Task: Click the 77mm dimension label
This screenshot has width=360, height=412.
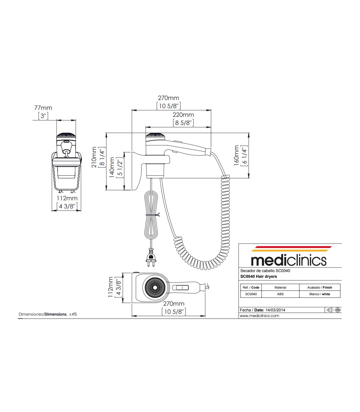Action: pyautogui.click(x=43, y=108)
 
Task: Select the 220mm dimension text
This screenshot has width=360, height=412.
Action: pyautogui.click(x=183, y=115)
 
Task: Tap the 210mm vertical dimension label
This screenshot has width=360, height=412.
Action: pyautogui.click(x=94, y=157)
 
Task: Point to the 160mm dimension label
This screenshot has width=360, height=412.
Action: pyautogui.click(x=237, y=155)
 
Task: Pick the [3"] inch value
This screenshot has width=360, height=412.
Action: pyautogui.click(x=43, y=116)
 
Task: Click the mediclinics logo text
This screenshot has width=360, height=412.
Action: pyautogui.click(x=288, y=260)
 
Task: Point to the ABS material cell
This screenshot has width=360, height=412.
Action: pyautogui.click(x=280, y=294)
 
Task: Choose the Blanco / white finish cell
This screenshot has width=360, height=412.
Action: pyautogui.click(x=319, y=294)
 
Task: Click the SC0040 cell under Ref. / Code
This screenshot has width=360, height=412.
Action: pyautogui.click(x=251, y=294)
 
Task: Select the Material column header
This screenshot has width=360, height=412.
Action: pyautogui.click(x=280, y=287)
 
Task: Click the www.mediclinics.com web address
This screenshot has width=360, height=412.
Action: pyautogui.click(x=260, y=316)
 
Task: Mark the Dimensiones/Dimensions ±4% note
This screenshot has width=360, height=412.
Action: pyautogui.click(x=48, y=314)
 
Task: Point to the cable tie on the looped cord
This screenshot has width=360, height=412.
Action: pyautogui.click(x=153, y=215)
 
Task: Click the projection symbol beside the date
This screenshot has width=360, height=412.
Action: pyautogui.click(x=333, y=310)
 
